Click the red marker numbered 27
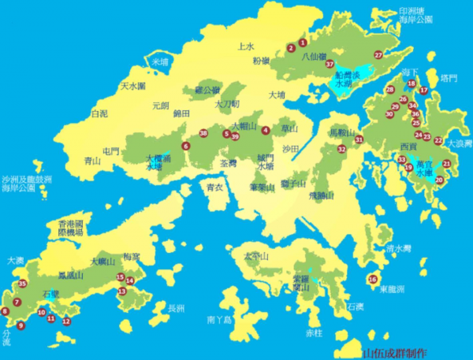(x=378, y=54)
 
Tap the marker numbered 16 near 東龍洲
(x=373, y=279)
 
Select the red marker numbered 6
(x=186, y=146)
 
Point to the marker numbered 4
(x=266, y=130)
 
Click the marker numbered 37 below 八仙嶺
(x=330, y=64)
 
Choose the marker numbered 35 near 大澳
(x=22, y=284)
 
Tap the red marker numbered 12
(x=66, y=321)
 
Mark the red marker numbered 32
(x=341, y=148)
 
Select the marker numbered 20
(x=440, y=180)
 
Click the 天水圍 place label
(x=132, y=86)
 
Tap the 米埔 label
(x=161, y=61)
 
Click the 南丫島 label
(x=218, y=320)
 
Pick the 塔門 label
(x=449, y=78)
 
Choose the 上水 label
(x=246, y=46)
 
